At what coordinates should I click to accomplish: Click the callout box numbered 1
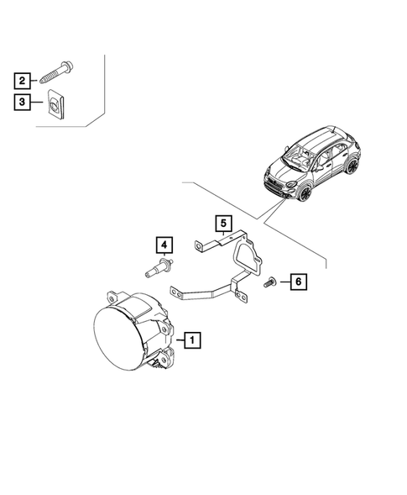click(193, 340)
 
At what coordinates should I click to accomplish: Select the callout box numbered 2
click(21, 82)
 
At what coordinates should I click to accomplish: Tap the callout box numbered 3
click(21, 103)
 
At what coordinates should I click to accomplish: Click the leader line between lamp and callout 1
click(179, 340)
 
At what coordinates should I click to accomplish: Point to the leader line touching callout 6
click(284, 282)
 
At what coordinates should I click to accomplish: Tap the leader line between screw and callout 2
click(34, 82)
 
